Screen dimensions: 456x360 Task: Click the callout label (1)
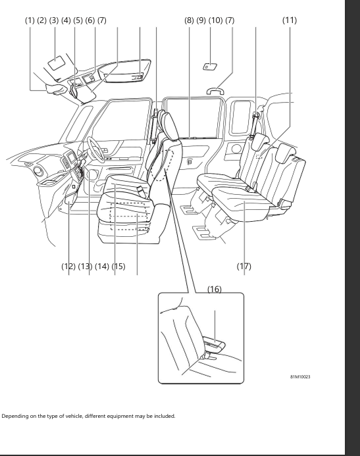(x=30, y=20)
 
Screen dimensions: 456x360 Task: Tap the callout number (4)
(x=66, y=20)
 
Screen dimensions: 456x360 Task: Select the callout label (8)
(x=190, y=20)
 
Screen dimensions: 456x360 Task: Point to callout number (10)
(x=215, y=20)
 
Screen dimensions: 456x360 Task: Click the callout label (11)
(x=290, y=20)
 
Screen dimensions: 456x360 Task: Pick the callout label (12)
(x=68, y=266)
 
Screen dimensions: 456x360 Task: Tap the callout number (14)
(x=101, y=266)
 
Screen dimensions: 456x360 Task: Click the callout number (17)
(x=244, y=266)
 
